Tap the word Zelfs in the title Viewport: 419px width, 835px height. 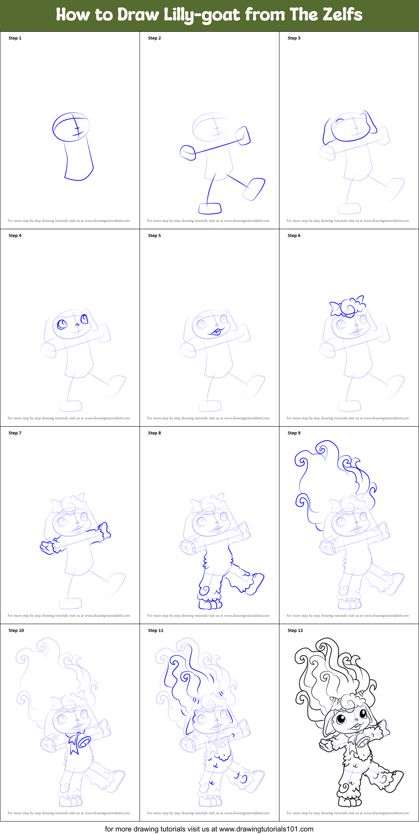(x=342, y=15)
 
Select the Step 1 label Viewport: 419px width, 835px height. (x=15, y=38)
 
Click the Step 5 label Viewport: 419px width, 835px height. (x=155, y=236)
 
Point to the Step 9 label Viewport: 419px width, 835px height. (x=294, y=433)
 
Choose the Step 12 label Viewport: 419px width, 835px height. (x=295, y=630)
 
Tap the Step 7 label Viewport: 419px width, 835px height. (x=15, y=433)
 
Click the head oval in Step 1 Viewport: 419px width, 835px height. (x=71, y=127)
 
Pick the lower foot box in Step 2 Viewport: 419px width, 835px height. (x=210, y=208)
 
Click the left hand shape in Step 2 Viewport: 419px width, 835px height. (x=188, y=152)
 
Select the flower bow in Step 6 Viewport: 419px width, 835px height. (x=348, y=307)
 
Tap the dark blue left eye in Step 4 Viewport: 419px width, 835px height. (x=62, y=324)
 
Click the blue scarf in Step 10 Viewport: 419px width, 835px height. (x=74, y=743)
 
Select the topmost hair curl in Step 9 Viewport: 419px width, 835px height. (x=322, y=449)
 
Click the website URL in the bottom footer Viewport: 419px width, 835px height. (x=266, y=829)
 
